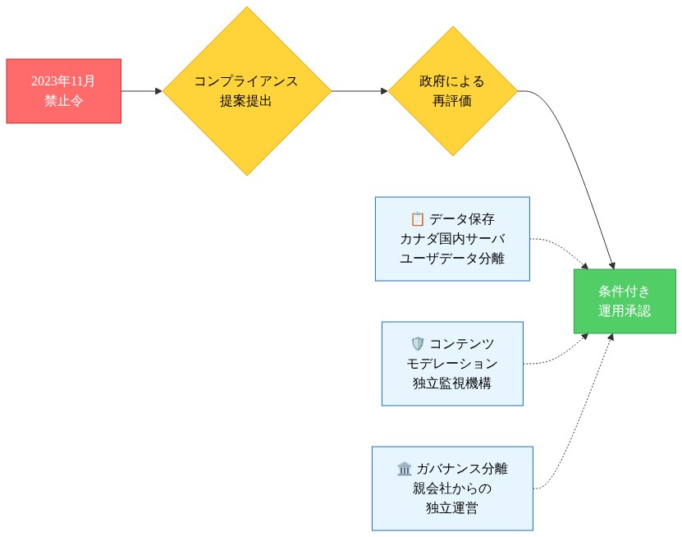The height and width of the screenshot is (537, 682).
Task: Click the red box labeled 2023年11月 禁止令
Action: coord(63,91)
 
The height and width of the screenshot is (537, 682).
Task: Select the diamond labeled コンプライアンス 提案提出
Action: coord(246,91)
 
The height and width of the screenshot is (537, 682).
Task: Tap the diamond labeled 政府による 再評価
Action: coord(452,91)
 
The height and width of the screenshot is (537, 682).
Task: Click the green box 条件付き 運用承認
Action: coord(625,301)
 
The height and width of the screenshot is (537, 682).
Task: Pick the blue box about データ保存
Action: coord(452,239)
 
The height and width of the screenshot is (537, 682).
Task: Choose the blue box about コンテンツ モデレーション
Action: coord(452,364)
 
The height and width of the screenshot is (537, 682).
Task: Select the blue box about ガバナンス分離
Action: coord(452,489)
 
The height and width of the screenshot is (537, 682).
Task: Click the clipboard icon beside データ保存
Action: coord(417,219)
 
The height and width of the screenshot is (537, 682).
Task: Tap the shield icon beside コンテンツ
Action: coord(417,344)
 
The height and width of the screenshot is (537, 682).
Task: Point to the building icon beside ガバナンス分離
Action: coord(404,469)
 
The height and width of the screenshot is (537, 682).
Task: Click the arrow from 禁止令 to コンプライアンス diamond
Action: coord(141,91)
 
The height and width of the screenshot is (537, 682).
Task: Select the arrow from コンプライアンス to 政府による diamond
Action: coord(359,91)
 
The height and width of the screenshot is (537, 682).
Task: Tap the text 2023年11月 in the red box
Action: coord(63,81)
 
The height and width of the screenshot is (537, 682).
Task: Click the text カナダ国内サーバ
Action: coord(452,239)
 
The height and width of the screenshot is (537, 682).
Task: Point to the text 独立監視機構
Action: coord(452,383)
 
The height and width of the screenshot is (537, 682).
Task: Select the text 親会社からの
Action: coord(452,489)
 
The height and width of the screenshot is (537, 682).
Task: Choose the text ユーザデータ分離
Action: coord(452,259)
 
